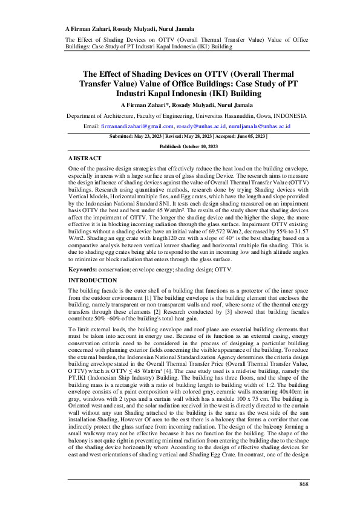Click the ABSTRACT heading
point(84,157)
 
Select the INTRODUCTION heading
point(93,280)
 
